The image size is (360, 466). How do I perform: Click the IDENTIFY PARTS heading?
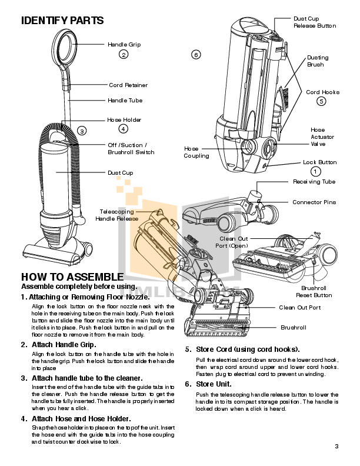coord(62,21)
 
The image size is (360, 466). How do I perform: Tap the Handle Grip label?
coord(124,45)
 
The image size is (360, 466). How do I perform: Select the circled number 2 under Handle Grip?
coord(124,55)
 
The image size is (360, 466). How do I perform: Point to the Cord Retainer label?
coord(128,85)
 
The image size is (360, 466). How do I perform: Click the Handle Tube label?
coord(125,101)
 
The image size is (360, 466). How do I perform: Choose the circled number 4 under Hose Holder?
coord(123,129)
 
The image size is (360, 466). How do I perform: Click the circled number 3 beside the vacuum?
coord(82,131)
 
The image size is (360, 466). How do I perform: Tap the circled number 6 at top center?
coord(196,55)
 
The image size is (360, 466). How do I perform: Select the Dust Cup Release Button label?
coord(314,22)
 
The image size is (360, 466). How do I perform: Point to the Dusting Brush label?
coord(318,61)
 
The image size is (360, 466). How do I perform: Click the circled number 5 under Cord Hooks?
coord(321,101)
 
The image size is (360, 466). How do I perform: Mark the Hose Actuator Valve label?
coord(318,137)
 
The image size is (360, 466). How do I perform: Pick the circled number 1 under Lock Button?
coord(316,171)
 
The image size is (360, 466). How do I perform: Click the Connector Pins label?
coord(314,202)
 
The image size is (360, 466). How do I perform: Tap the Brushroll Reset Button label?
coord(316,292)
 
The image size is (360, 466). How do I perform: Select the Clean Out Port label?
coord(299,308)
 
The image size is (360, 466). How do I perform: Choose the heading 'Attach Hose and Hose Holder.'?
coord(81,418)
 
